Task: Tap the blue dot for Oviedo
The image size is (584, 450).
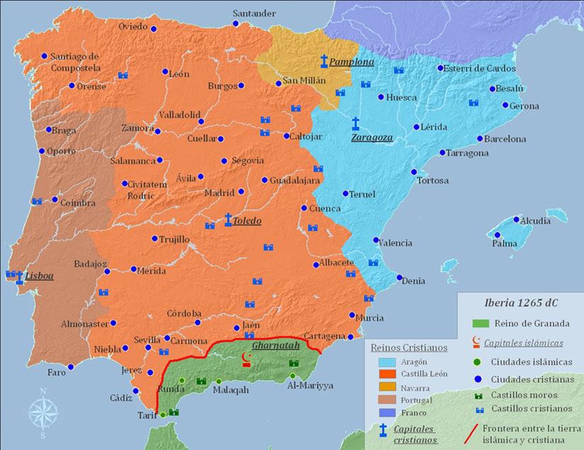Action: click(x=154, y=28)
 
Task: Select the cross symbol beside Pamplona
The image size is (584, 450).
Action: click(x=324, y=61)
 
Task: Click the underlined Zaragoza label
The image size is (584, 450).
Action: click(x=371, y=137)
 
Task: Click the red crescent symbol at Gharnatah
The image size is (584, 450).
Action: click(x=247, y=358)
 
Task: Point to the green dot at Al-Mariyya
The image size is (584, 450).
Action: click(x=293, y=376)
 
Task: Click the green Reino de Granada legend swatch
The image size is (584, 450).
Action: click(x=483, y=323)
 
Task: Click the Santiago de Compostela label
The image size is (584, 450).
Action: click(x=75, y=62)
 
